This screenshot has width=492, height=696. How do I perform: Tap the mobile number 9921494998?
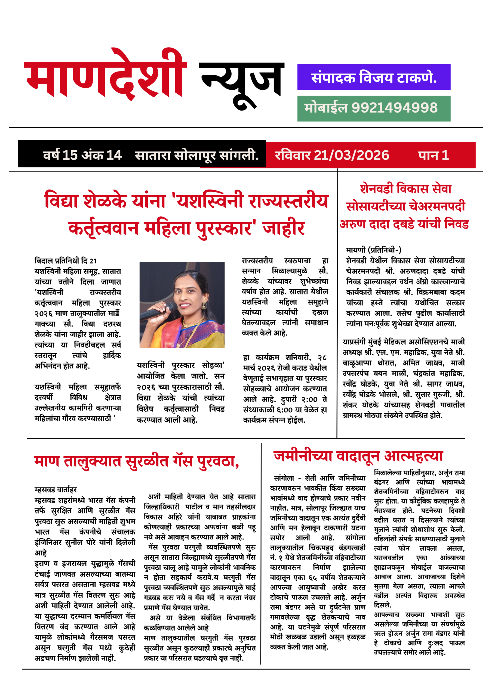tap(394, 108)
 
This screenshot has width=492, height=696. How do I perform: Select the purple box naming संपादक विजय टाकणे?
tap(373, 77)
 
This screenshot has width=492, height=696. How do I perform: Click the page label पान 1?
tap(433, 155)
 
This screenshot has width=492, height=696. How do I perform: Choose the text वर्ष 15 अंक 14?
tap(82, 155)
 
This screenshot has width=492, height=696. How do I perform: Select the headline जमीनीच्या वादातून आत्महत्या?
tap(358, 456)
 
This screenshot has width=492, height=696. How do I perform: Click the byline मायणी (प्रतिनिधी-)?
tap(373, 250)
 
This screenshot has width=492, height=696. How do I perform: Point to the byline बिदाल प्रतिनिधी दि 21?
tap(65, 261)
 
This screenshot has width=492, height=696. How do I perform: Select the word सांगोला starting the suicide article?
tap(284, 478)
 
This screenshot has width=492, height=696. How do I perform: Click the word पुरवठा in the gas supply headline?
tap(216, 461)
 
